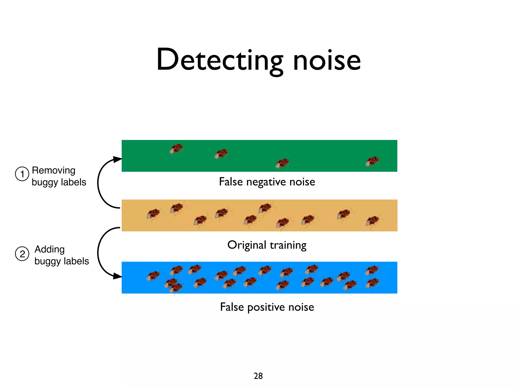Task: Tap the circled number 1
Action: pyautogui.click(x=22, y=174)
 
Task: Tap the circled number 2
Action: pyautogui.click(x=22, y=254)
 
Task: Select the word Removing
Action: pyautogui.click(x=54, y=171)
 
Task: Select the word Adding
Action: pyautogui.click(x=50, y=249)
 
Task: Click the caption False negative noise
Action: pyautogui.click(x=267, y=182)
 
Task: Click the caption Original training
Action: pyautogui.click(x=267, y=245)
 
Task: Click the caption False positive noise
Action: pyautogui.click(x=267, y=307)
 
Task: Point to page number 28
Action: pyautogui.click(x=258, y=376)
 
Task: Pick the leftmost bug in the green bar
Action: pyautogui.click(x=176, y=149)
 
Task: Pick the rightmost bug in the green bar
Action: pyautogui.click(x=372, y=161)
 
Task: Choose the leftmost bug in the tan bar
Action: pyautogui.click(x=153, y=214)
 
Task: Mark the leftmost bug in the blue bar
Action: pyautogui.click(x=153, y=276)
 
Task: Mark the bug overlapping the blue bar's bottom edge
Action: pyautogui.click(x=176, y=288)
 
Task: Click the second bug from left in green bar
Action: pyautogui.click(x=221, y=154)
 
